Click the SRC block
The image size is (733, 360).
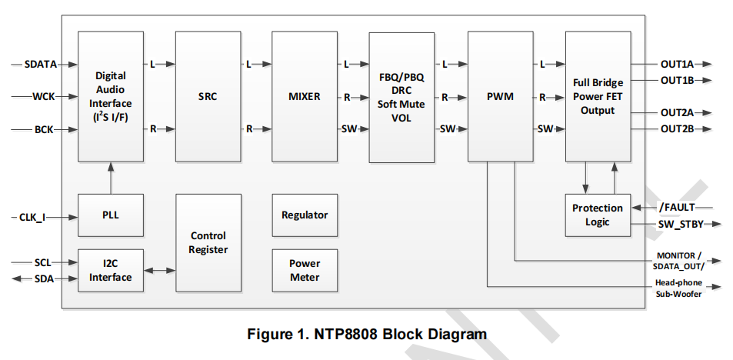[208, 97]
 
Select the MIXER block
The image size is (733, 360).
[305, 97]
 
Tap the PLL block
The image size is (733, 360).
[111, 215]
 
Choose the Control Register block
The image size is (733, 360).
[208, 242]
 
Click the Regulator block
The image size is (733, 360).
[305, 215]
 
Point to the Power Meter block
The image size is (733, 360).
[305, 270]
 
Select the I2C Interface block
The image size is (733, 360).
[111, 270]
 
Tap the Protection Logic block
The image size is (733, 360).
[598, 215]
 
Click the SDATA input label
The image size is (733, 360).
[41, 64]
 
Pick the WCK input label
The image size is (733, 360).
[43, 97]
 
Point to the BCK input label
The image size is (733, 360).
[44, 129]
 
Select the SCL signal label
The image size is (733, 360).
[43, 262]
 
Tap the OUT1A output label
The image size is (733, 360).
[677, 65]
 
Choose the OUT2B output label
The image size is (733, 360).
[677, 128]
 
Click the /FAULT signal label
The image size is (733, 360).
[676, 207]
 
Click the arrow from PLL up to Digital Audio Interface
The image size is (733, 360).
[111, 178]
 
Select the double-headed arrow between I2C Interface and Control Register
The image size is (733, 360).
[160, 271]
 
